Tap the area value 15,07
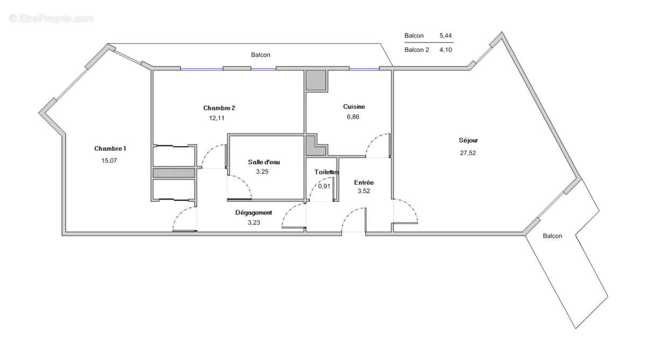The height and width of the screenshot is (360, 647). click(x=110, y=160)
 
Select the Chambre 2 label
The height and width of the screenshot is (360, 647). click(x=219, y=108)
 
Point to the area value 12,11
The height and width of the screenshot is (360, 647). click(x=217, y=119)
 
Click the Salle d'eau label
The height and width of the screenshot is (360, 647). click(x=264, y=162)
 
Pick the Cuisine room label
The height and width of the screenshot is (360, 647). click(x=354, y=107)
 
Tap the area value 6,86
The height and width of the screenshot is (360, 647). click(x=353, y=117)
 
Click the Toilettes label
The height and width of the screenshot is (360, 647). click(x=327, y=172)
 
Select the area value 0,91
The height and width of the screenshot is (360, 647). click(x=324, y=186)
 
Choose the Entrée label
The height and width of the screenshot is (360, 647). click(x=364, y=183)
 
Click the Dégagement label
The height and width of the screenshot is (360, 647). click(x=253, y=213)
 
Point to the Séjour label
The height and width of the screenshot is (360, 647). click(x=468, y=140)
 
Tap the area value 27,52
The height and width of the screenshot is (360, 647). click(x=467, y=153)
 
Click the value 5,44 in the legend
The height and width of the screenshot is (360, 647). click(x=446, y=36)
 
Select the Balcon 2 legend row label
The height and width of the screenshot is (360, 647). click(x=417, y=50)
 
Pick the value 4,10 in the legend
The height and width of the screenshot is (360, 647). click(x=446, y=50)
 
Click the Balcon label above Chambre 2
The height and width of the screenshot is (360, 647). click(x=260, y=55)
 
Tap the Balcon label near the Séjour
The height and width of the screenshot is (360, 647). click(x=552, y=236)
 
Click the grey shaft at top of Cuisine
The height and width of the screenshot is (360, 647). click(x=316, y=80)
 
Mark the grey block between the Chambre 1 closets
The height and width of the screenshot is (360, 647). click(x=173, y=173)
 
